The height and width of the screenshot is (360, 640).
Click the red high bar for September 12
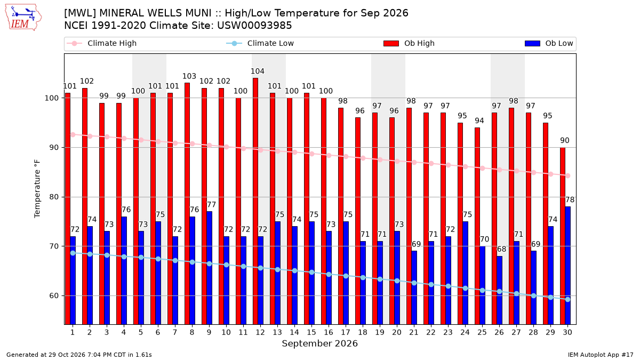click(255, 201)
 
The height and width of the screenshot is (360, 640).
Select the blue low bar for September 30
click(568, 266)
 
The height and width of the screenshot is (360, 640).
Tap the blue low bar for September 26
click(500, 290)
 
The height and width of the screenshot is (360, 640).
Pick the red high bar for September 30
click(563, 236)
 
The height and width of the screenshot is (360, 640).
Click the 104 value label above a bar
click(258, 71)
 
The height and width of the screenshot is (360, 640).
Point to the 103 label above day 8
click(189, 76)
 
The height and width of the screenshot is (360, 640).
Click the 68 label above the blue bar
click(501, 249)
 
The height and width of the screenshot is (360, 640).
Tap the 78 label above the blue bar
click(570, 199)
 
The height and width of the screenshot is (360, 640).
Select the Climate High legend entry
click(101, 43)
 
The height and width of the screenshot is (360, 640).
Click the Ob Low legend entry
click(549, 43)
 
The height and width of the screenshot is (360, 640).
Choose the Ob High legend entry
click(409, 43)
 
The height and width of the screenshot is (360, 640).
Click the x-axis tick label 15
click(311, 332)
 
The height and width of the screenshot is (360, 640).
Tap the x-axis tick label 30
click(567, 332)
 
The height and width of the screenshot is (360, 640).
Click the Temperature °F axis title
click(37, 189)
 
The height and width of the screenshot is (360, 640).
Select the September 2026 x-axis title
click(319, 343)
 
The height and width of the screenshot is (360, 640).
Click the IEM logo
click(23, 18)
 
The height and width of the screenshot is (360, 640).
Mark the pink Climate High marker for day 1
click(73, 134)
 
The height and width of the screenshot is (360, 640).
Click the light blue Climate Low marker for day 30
click(567, 299)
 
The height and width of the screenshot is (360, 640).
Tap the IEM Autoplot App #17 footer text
click(601, 355)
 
